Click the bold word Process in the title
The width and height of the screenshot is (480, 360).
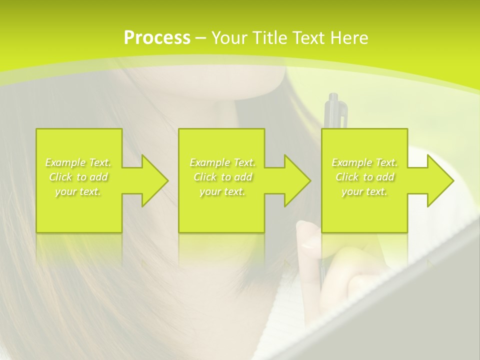(x=157, y=37)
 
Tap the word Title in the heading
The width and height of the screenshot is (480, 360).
(x=268, y=37)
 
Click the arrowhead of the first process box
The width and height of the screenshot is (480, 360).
(x=153, y=180)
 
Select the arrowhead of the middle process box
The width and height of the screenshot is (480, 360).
(x=295, y=180)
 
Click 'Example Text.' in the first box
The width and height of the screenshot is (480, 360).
(x=78, y=162)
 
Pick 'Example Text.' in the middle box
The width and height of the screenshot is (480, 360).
(x=222, y=162)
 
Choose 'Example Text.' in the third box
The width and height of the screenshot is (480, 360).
(x=364, y=162)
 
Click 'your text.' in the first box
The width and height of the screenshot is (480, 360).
(x=78, y=191)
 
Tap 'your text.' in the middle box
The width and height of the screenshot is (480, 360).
(x=222, y=191)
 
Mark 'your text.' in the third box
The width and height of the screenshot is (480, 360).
(x=364, y=191)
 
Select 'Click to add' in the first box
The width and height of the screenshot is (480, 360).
(x=78, y=177)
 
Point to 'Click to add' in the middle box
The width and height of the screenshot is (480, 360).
(x=222, y=177)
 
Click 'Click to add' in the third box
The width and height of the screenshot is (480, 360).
(x=364, y=177)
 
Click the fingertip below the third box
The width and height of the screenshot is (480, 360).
(x=306, y=235)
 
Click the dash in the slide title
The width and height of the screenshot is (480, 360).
(x=201, y=38)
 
